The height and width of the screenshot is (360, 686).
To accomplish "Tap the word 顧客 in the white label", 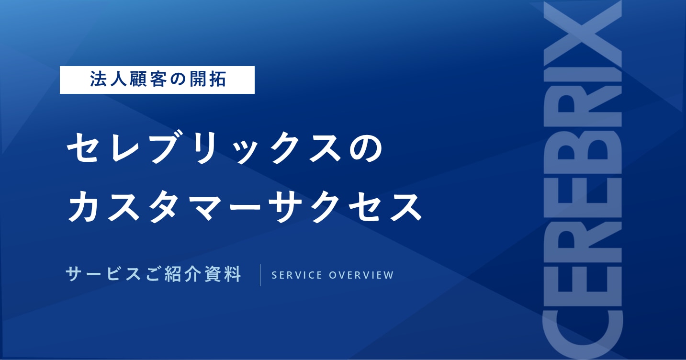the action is click(x=143, y=79).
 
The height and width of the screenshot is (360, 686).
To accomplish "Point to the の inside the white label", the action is click(x=174, y=79).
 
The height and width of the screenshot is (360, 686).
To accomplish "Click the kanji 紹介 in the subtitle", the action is click(x=183, y=274).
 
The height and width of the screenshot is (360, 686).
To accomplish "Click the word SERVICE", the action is click(x=297, y=275).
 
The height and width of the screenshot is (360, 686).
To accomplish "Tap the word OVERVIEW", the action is click(x=361, y=275).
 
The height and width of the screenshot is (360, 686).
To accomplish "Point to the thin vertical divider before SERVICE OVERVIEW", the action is click(x=260, y=275).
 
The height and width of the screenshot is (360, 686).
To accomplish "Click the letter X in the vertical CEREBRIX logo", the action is click(x=583, y=34).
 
